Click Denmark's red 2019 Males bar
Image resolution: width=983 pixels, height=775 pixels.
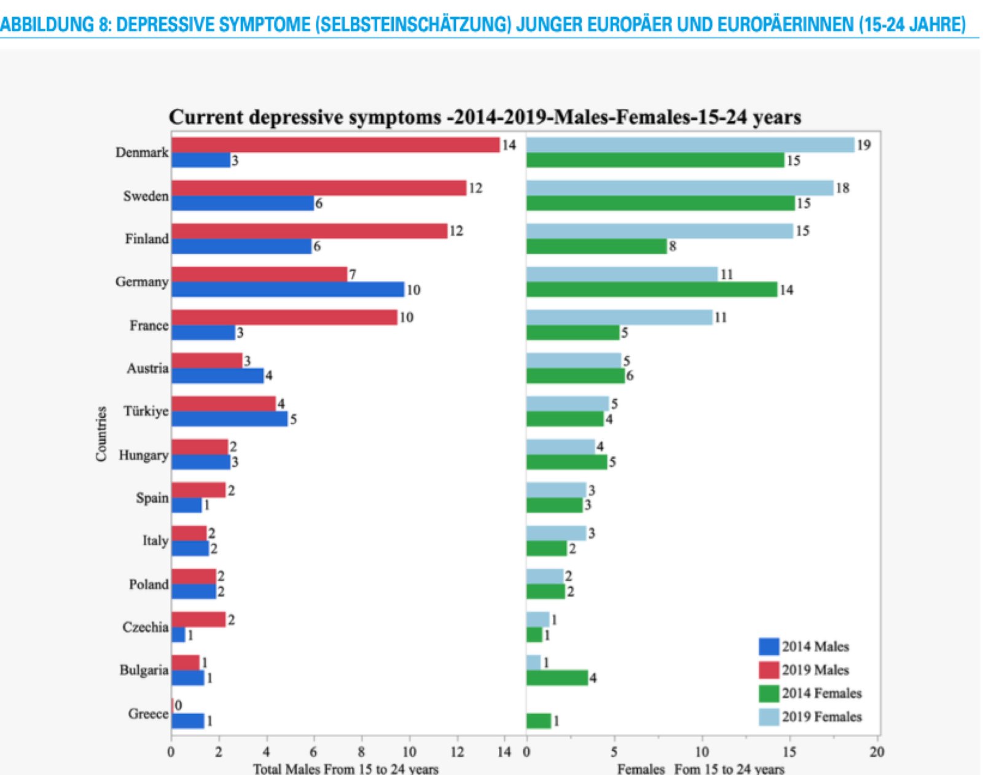click(x=335, y=145)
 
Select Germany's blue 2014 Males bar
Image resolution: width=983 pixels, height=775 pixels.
click(x=288, y=289)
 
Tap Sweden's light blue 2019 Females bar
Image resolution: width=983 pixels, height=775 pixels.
click(x=679, y=188)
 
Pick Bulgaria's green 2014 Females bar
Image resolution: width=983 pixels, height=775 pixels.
click(x=557, y=678)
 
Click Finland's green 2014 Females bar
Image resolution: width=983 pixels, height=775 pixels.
click(x=596, y=246)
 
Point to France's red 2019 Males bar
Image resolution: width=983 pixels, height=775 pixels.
click(x=284, y=317)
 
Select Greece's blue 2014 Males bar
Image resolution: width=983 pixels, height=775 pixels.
click(x=187, y=721)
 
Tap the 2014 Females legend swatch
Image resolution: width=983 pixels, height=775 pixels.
click(x=769, y=693)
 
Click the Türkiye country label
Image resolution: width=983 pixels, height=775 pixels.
click(x=146, y=411)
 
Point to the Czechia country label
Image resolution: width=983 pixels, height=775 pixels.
click(x=145, y=627)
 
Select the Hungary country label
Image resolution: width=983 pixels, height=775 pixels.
click(x=143, y=455)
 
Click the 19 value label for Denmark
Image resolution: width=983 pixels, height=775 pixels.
click(x=864, y=145)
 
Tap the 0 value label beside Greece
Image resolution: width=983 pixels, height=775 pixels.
click(x=178, y=706)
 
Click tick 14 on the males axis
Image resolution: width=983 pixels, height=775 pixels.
click(x=504, y=752)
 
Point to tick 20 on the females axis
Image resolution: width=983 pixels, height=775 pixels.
click(x=877, y=752)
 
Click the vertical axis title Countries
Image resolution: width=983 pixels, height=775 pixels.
click(x=101, y=433)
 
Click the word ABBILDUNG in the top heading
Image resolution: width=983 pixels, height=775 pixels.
click(x=47, y=24)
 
